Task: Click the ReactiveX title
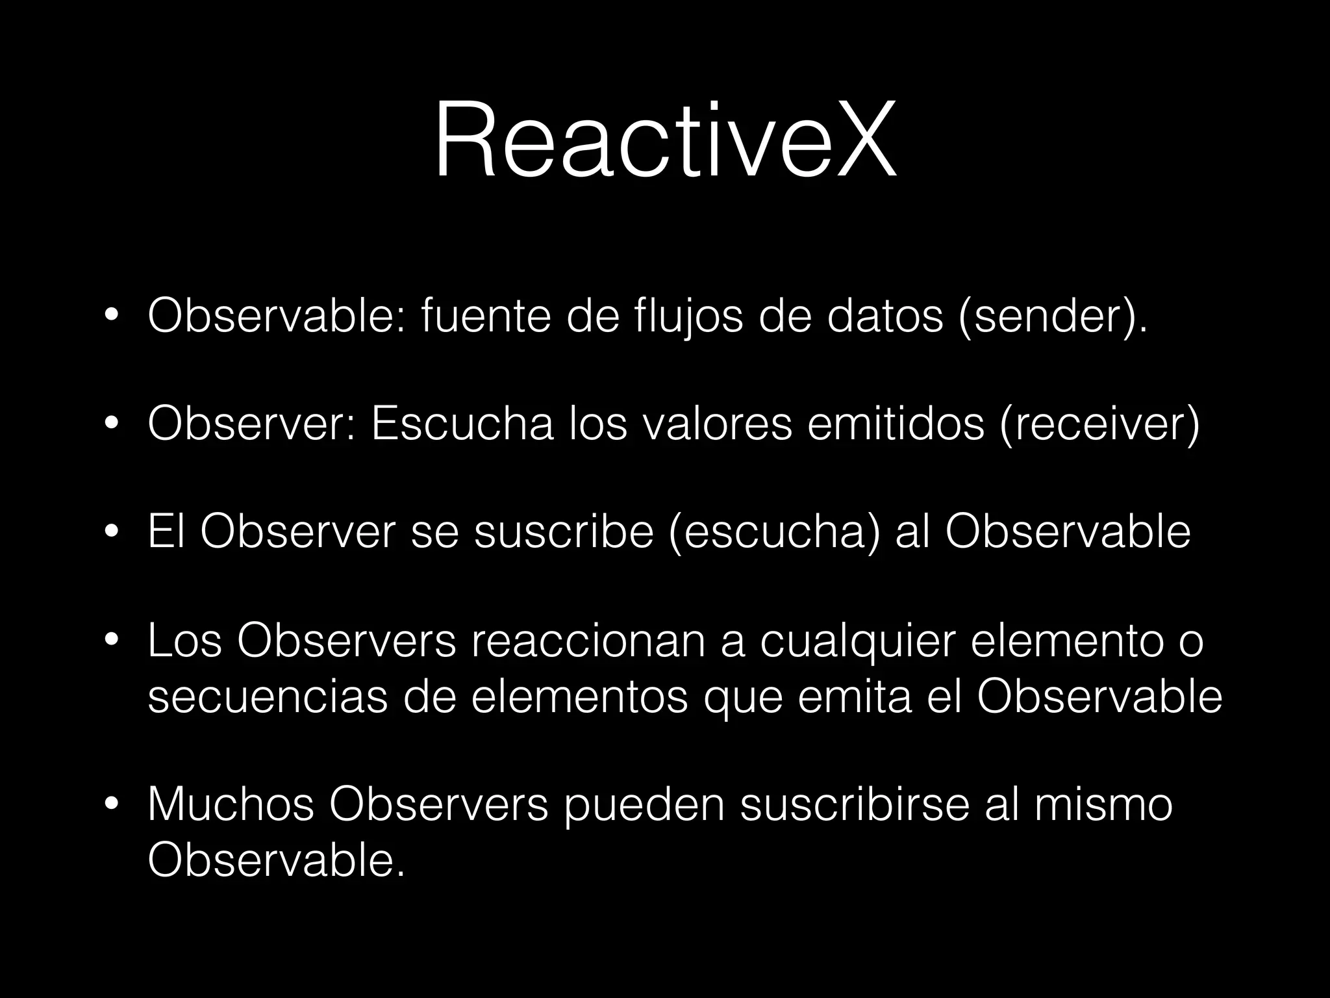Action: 665,139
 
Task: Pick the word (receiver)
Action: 1099,424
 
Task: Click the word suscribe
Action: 563,532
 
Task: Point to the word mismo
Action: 1103,804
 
